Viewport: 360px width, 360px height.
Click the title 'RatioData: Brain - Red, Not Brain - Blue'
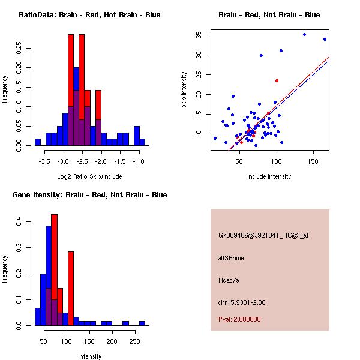[89, 15]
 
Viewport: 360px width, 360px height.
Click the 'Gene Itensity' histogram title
[89, 195]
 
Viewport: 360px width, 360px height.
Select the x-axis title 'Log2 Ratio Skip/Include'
[89, 176]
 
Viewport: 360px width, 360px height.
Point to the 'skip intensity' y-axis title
[185, 90]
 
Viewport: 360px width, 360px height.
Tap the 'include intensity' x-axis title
[269, 176]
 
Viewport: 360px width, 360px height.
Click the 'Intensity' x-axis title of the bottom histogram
[89, 356]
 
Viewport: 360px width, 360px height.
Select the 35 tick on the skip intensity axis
[197, 35]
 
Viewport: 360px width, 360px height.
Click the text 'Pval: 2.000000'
[239, 319]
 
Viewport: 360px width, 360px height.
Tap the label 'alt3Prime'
[231, 258]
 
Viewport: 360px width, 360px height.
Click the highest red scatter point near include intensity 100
[277, 80]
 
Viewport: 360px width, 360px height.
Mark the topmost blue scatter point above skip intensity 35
[304, 35]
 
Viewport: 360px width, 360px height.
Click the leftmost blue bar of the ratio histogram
[37, 142]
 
